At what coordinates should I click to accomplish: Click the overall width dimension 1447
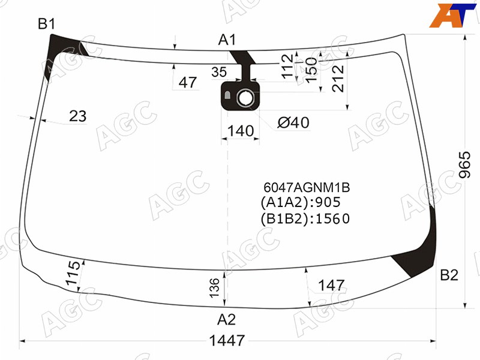[227, 340]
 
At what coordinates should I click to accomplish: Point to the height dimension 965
[464, 164]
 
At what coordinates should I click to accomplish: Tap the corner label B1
[46, 23]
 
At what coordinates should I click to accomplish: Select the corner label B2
[449, 275]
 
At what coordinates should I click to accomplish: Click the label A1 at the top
[227, 40]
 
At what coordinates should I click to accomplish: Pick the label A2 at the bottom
[227, 320]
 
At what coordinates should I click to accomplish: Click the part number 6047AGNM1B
[307, 187]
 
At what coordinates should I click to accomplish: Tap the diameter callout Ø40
[293, 123]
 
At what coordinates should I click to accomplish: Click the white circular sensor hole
[245, 98]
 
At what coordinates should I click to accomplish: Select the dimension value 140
[241, 131]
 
